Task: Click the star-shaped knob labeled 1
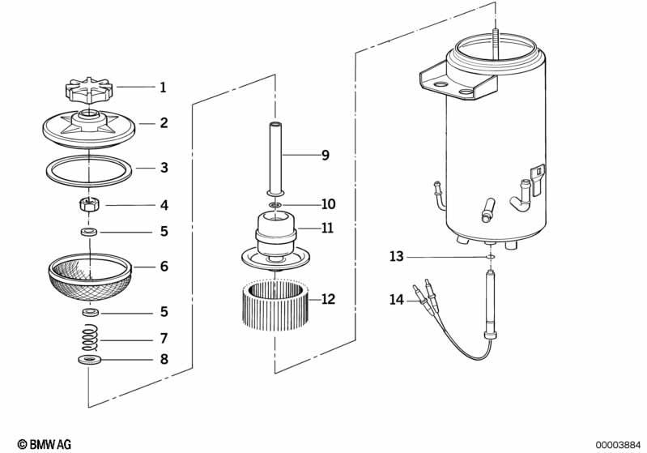coord(88,88)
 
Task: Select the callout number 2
coord(164,123)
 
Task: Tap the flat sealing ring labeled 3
coord(88,171)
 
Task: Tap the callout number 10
coord(328,203)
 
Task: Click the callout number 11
coord(327,229)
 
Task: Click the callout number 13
coord(396,256)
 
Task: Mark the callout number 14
coord(396,300)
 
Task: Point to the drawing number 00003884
coord(618,443)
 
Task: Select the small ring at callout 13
coord(490,258)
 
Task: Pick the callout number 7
coord(164,338)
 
